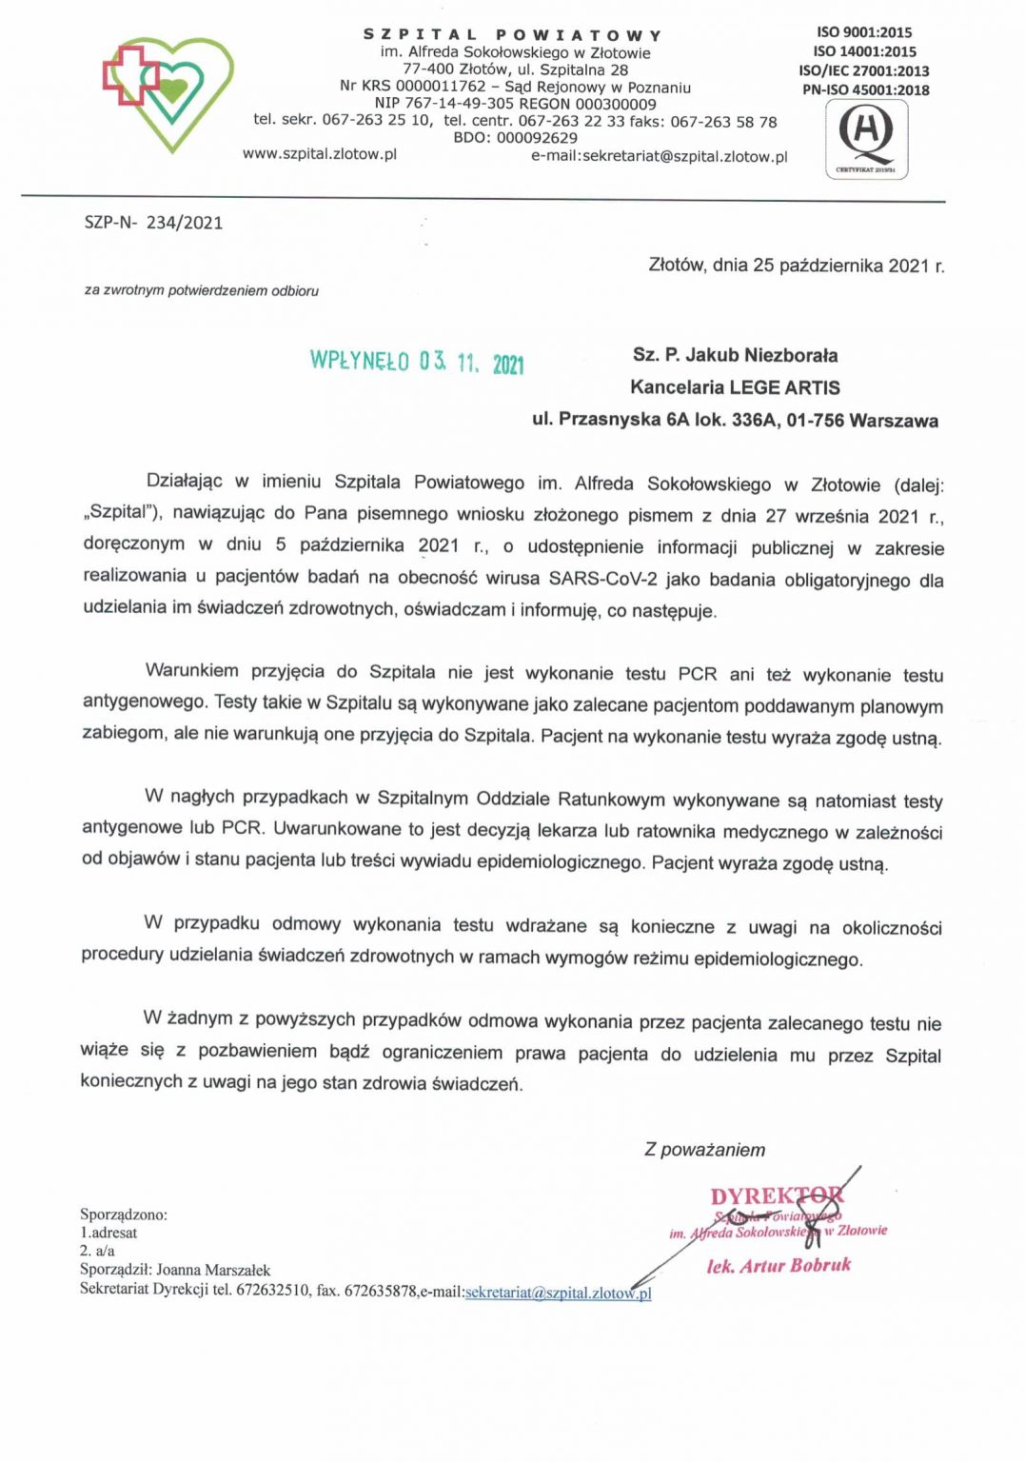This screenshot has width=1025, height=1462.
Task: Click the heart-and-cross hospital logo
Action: [x=168, y=92]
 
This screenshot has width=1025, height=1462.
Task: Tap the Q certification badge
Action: [x=866, y=138]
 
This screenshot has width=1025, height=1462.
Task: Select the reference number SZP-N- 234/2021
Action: [x=153, y=223]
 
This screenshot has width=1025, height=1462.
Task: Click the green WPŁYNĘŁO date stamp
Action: [x=417, y=362]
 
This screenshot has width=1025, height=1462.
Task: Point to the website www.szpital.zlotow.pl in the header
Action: [x=320, y=153]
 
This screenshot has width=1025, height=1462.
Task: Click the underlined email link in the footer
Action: [x=558, y=1293]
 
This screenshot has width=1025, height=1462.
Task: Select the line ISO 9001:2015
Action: [x=863, y=32]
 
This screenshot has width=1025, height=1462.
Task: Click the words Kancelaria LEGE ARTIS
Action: [x=735, y=387]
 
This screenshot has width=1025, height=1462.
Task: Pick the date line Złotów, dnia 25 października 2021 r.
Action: [x=796, y=266]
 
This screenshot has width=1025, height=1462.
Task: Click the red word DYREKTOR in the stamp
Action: [x=777, y=1196]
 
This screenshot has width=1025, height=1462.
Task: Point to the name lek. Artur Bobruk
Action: [x=779, y=1265]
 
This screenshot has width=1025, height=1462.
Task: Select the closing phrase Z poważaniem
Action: [x=704, y=1150]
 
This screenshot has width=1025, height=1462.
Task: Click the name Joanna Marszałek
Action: [x=213, y=1270]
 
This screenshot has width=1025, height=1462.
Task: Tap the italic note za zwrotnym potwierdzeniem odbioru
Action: [x=202, y=290]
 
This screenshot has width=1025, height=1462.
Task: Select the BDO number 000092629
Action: [x=537, y=138]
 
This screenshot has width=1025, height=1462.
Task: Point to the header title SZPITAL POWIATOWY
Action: [x=512, y=35]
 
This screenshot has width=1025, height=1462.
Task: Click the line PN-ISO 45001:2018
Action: [x=865, y=90]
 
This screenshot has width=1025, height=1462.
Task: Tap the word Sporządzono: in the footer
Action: [x=124, y=1215]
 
